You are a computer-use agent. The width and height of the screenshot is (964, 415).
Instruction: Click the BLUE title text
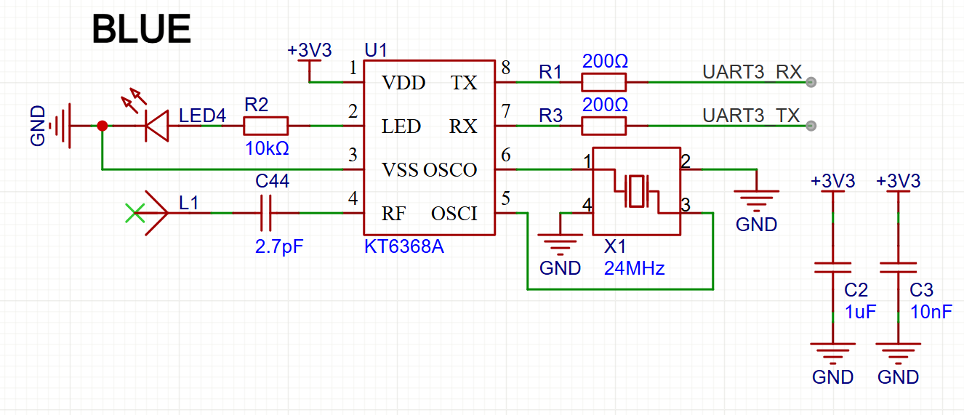(x=141, y=29)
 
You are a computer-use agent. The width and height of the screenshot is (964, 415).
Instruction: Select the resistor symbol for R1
(x=603, y=82)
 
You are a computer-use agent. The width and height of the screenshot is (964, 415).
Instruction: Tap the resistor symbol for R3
(x=603, y=126)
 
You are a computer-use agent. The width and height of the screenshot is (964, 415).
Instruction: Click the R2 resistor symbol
(x=265, y=126)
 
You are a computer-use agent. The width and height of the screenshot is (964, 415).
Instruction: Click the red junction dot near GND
(x=102, y=126)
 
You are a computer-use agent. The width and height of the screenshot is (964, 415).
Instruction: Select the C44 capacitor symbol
(x=265, y=213)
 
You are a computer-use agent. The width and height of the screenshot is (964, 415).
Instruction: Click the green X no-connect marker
(x=134, y=213)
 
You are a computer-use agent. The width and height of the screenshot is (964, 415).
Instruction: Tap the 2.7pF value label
(x=279, y=247)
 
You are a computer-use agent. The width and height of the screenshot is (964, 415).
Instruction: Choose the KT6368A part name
(x=403, y=246)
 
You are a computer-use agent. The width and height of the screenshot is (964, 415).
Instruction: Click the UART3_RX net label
(x=752, y=72)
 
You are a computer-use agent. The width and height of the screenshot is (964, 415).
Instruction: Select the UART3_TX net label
(x=751, y=116)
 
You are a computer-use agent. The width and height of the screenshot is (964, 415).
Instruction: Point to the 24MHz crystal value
(x=635, y=268)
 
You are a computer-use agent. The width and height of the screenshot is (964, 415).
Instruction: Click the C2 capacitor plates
(x=832, y=267)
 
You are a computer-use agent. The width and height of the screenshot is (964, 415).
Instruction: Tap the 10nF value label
(x=931, y=312)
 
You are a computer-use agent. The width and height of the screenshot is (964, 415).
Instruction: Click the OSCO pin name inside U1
(x=450, y=170)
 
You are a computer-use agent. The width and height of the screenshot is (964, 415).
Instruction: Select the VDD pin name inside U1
(x=403, y=83)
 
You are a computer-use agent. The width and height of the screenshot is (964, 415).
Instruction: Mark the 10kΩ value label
(x=267, y=148)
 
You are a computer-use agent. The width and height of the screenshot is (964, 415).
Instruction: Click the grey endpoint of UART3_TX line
(x=811, y=126)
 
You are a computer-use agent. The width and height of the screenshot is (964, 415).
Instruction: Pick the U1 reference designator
(x=376, y=50)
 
